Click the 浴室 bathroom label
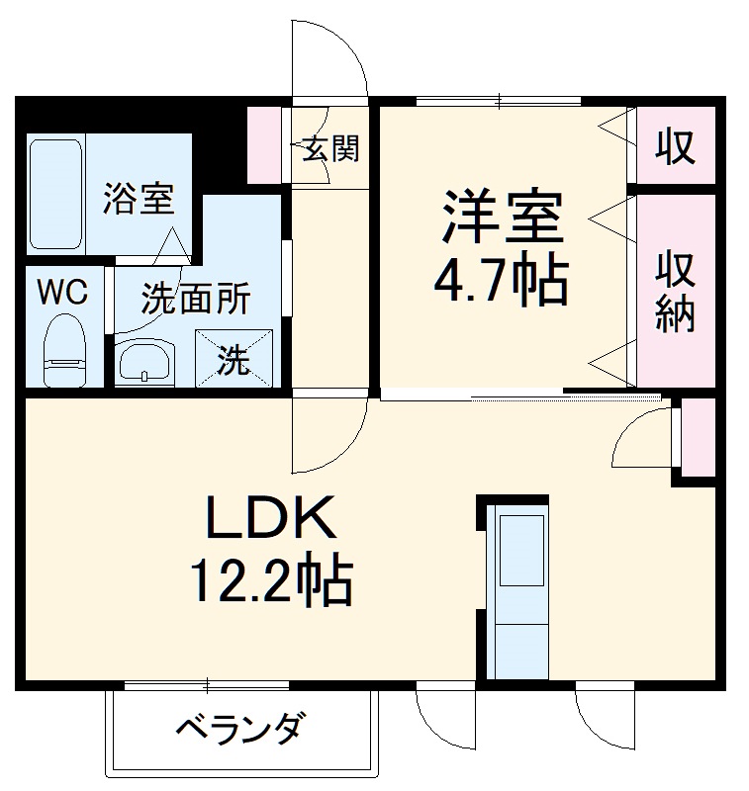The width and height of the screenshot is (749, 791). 140,201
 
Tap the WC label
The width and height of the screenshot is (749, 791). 62,292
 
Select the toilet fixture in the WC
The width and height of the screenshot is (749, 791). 66,351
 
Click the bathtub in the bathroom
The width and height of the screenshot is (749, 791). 55,193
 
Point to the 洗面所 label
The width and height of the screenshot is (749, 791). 195,298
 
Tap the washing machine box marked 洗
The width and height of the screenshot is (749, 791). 235,358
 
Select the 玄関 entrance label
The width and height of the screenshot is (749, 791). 329,149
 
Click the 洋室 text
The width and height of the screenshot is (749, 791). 502,220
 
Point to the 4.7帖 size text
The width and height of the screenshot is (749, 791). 502,283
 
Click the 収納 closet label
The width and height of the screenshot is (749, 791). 676,292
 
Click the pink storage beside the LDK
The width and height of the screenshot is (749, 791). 700,435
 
